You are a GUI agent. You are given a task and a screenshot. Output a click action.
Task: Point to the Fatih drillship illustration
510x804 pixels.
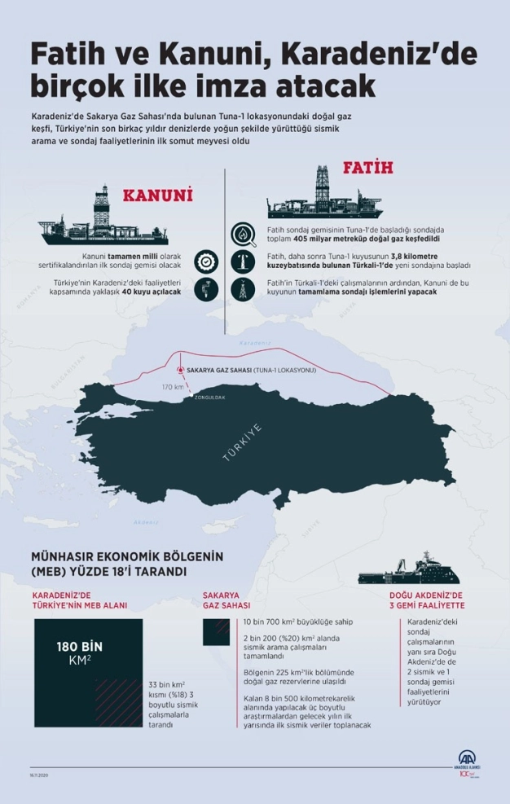click(324, 195)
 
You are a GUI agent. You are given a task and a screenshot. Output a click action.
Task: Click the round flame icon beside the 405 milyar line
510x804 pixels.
click(242, 235)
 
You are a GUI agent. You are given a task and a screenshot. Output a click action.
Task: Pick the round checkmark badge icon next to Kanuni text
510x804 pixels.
click(207, 261)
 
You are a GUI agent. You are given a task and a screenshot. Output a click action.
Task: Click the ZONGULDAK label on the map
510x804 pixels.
click(209, 397)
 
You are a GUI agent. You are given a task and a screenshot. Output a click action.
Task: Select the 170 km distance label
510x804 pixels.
click(172, 386)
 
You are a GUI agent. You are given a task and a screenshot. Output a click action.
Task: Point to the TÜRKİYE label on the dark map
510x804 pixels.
click(243, 443)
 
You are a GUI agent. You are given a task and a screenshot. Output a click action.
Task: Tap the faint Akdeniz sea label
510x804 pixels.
click(147, 521)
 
